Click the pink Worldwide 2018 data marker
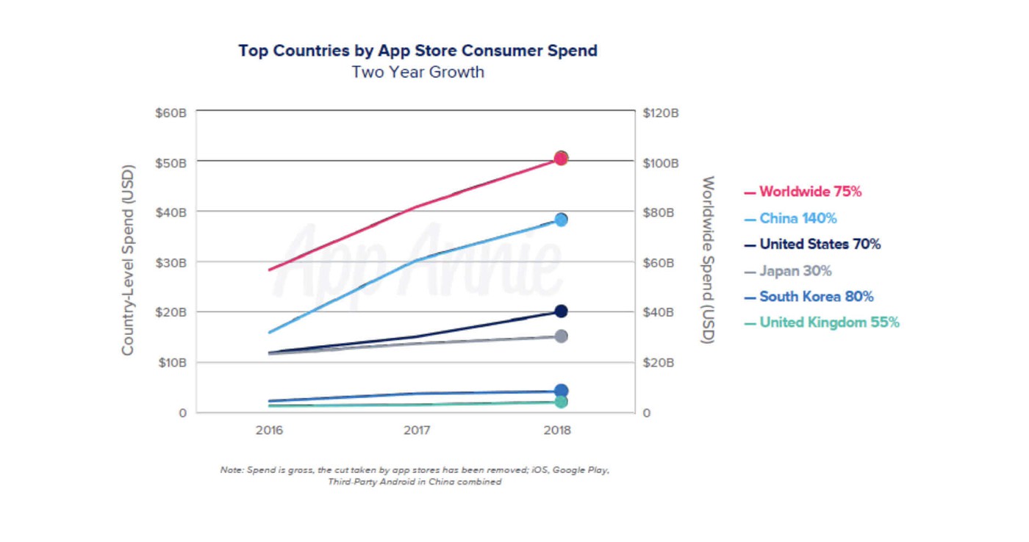(561, 158)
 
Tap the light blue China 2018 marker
(561, 220)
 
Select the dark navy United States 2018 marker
(561, 311)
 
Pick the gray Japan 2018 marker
(561, 336)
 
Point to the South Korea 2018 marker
(561, 391)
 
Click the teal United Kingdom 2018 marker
(561, 402)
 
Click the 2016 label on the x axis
(269, 430)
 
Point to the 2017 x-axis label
(417, 430)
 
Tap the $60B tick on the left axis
(171, 113)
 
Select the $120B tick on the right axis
(660, 113)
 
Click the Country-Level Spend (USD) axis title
(128, 256)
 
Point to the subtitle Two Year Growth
(417, 72)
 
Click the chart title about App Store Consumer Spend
(417, 51)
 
